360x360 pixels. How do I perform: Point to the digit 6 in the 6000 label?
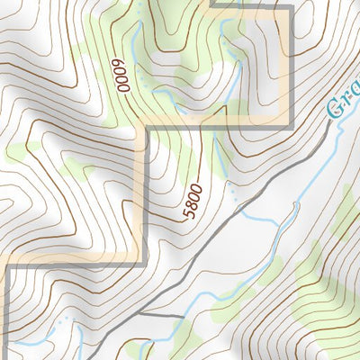[x=117, y=63]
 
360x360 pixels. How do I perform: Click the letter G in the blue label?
[x=334, y=112]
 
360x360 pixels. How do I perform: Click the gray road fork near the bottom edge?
[x=143, y=318]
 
